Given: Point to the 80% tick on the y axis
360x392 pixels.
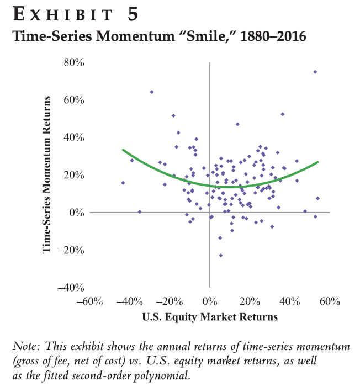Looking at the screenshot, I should click(73, 63).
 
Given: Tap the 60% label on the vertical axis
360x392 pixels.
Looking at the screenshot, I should click(73, 100).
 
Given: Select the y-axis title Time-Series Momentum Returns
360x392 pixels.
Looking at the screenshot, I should click(49, 174).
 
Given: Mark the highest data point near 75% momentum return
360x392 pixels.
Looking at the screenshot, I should click(315, 72).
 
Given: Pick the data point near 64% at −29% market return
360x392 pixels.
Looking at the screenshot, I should click(152, 92).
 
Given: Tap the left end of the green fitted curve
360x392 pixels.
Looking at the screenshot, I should click(123, 150).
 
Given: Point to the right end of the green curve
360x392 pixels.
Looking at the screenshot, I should click(319, 162).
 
